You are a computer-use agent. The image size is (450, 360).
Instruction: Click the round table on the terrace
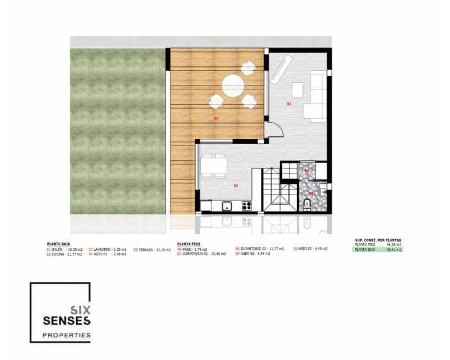(x=233, y=87)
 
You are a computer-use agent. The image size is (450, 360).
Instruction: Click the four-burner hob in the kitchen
(x=246, y=205)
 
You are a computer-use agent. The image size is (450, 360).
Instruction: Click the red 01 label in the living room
(x=289, y=104)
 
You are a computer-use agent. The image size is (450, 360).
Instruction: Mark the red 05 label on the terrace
(x=215, y=119)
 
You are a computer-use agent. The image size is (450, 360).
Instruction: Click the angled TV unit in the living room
(x=281, y=69)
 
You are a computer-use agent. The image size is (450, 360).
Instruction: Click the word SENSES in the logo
(x=66, y=321)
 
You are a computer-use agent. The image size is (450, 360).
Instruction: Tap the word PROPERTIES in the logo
(x=66, y=335)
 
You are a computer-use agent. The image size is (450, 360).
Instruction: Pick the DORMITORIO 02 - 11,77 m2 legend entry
(x=259, y=249)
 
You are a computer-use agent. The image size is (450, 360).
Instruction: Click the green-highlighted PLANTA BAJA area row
(x=377, y=249)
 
